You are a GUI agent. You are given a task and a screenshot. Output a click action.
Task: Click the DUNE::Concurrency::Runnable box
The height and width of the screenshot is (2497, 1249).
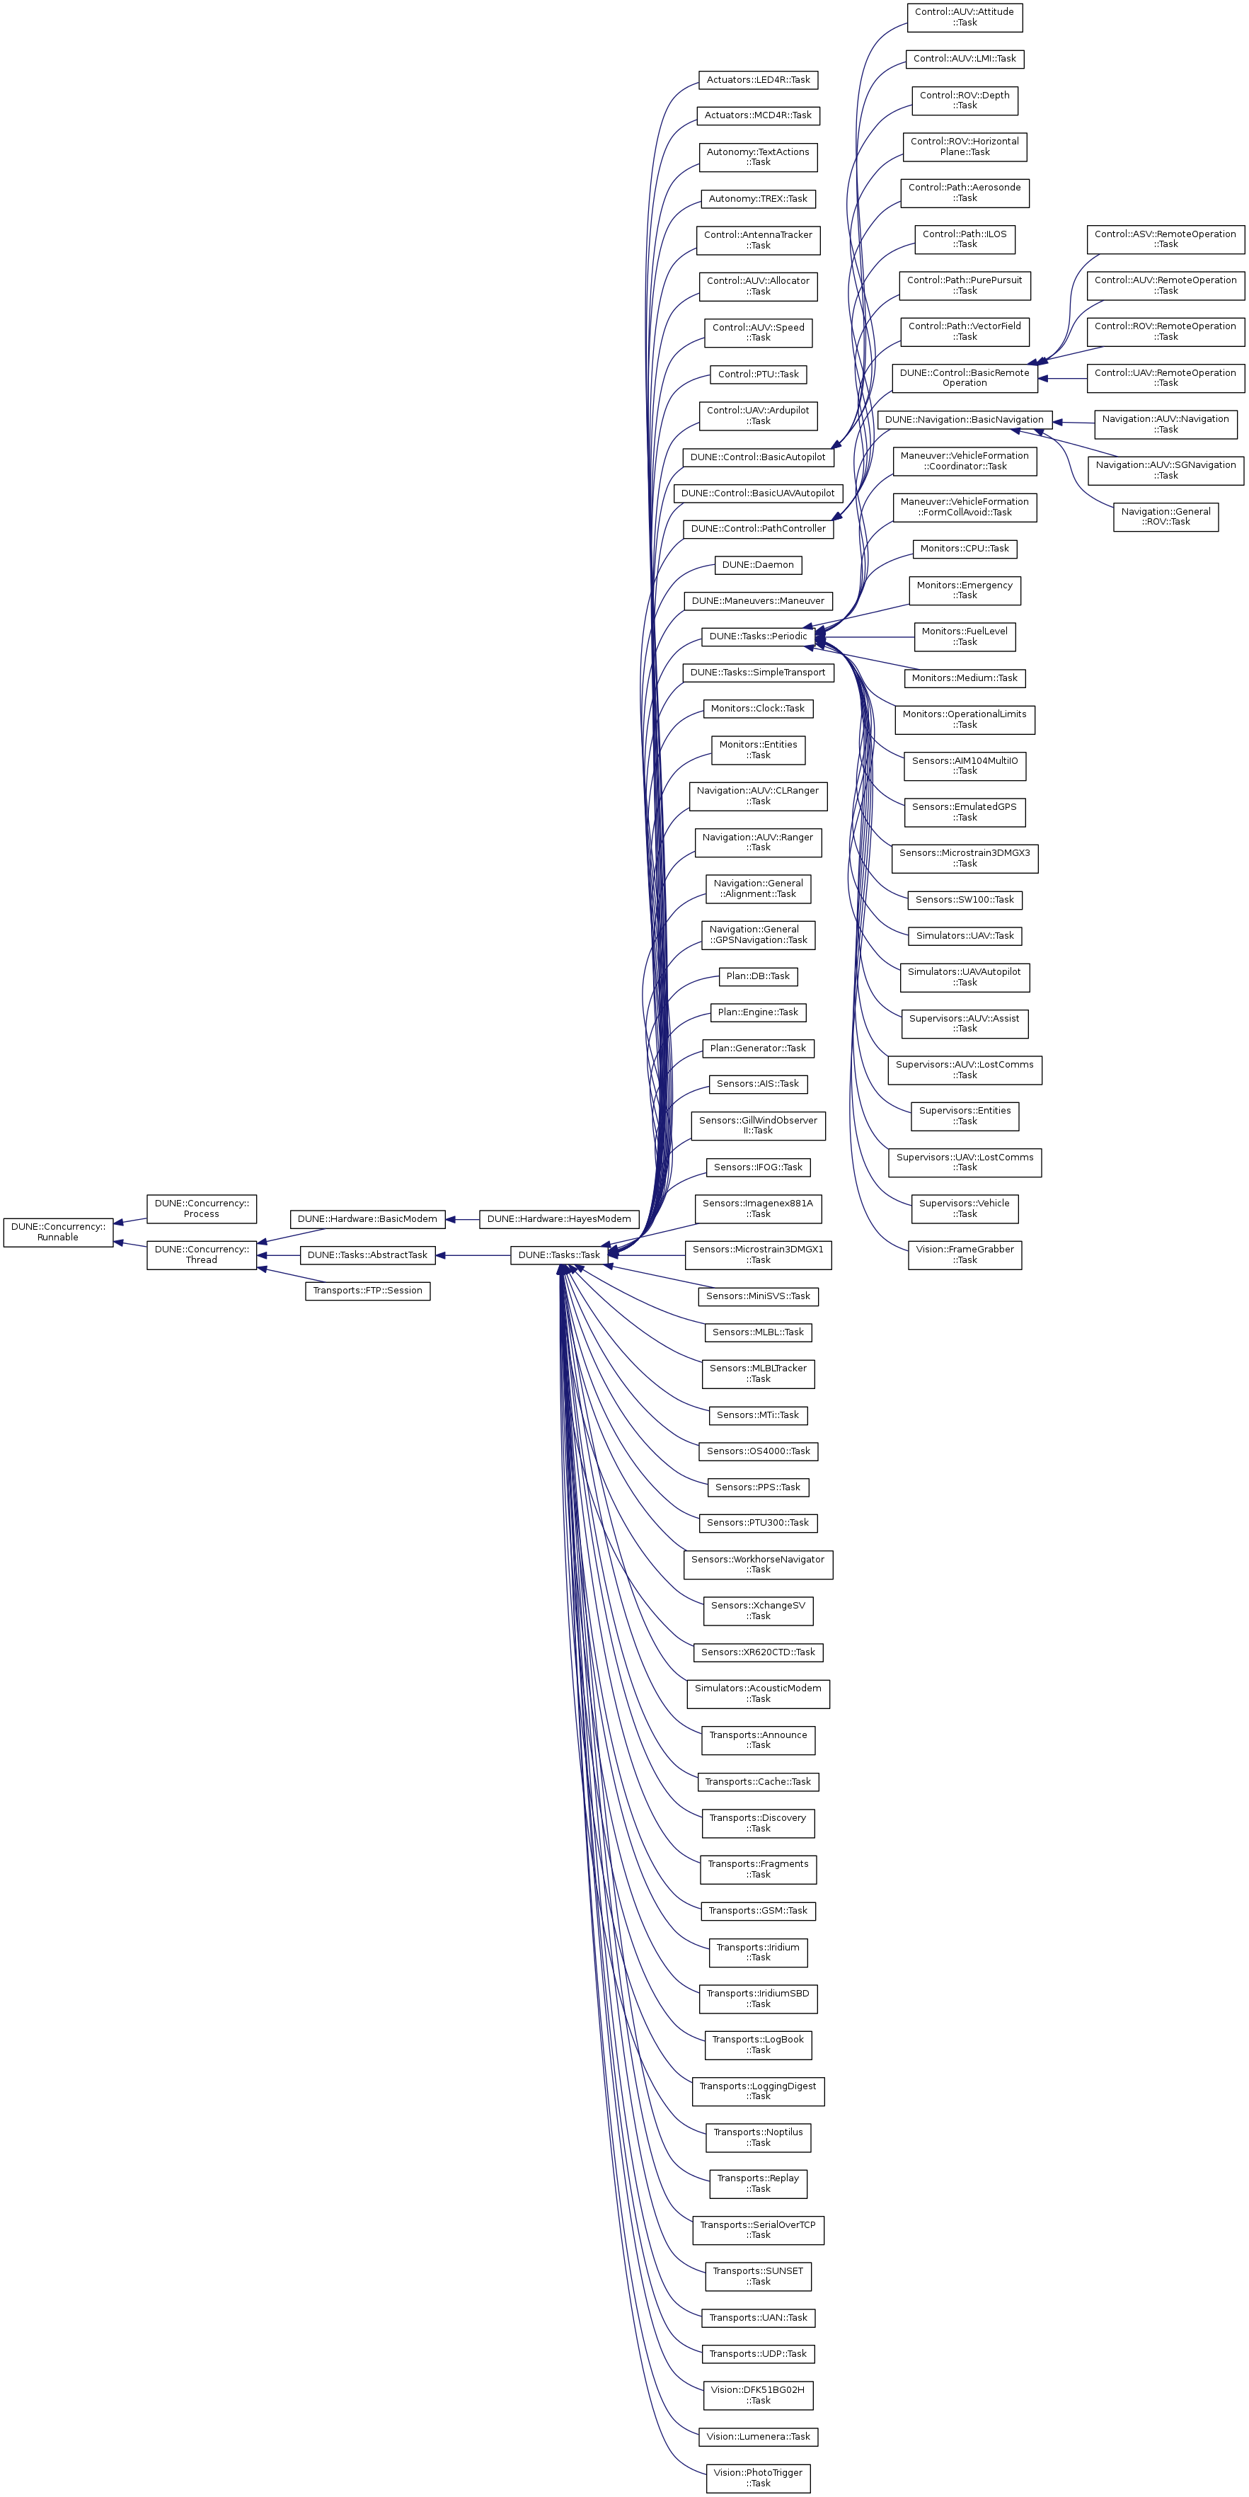(58, 1231)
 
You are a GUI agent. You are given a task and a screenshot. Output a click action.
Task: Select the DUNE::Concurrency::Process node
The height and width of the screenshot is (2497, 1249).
(202, 1208)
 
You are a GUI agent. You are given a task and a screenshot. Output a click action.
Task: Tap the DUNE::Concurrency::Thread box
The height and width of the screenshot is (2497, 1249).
(202, 1255)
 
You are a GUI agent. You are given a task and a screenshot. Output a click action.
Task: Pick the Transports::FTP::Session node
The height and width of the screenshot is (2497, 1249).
(367, 1290)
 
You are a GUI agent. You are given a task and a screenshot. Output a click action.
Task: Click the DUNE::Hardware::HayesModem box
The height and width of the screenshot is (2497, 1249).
(559, 1218)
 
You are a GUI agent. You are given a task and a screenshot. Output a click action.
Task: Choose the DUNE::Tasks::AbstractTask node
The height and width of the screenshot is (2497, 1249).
(367, 1255)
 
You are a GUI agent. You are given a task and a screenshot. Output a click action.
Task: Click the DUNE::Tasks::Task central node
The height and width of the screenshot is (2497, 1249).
(559, 1255)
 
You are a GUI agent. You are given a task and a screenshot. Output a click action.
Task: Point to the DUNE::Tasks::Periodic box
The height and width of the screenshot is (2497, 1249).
(758, 636)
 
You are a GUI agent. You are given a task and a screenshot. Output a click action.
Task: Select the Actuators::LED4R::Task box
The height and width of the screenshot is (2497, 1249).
(758, 79)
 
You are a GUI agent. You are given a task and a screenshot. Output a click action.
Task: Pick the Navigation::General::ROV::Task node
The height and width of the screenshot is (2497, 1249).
(1165, 517)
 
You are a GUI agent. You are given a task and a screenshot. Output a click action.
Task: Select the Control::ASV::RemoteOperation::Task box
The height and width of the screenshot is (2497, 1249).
(1165, 239)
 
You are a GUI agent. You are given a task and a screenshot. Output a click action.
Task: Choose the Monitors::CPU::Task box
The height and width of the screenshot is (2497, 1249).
(964, 549)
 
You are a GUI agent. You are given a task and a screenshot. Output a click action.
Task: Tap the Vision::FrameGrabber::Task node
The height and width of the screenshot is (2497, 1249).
(964, 1255)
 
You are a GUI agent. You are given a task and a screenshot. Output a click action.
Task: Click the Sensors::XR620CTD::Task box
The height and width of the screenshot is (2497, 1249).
(758, 1652)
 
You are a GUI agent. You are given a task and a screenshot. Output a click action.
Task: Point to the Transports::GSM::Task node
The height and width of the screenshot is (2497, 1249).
(758, 1911)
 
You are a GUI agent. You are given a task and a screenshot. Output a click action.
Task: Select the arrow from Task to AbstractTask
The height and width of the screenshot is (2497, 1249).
(473, 1255)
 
